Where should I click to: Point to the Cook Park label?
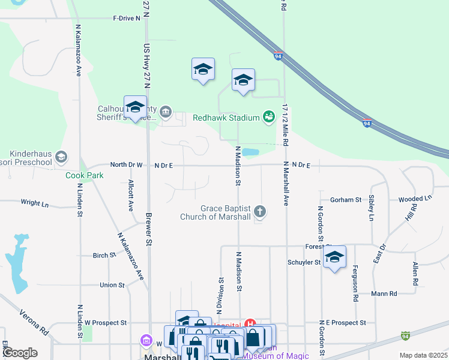click(85, 176)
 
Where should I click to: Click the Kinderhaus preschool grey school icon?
click(61, 157)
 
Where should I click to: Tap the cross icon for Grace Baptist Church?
click(260, 211)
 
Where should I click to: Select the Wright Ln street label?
click(35, 203)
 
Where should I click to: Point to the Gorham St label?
click(345, 200)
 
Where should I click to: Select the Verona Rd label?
click(34, 322)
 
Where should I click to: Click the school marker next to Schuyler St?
click(334, 257)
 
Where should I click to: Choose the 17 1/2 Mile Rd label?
click(286, 125)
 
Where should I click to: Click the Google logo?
click(20, 353)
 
